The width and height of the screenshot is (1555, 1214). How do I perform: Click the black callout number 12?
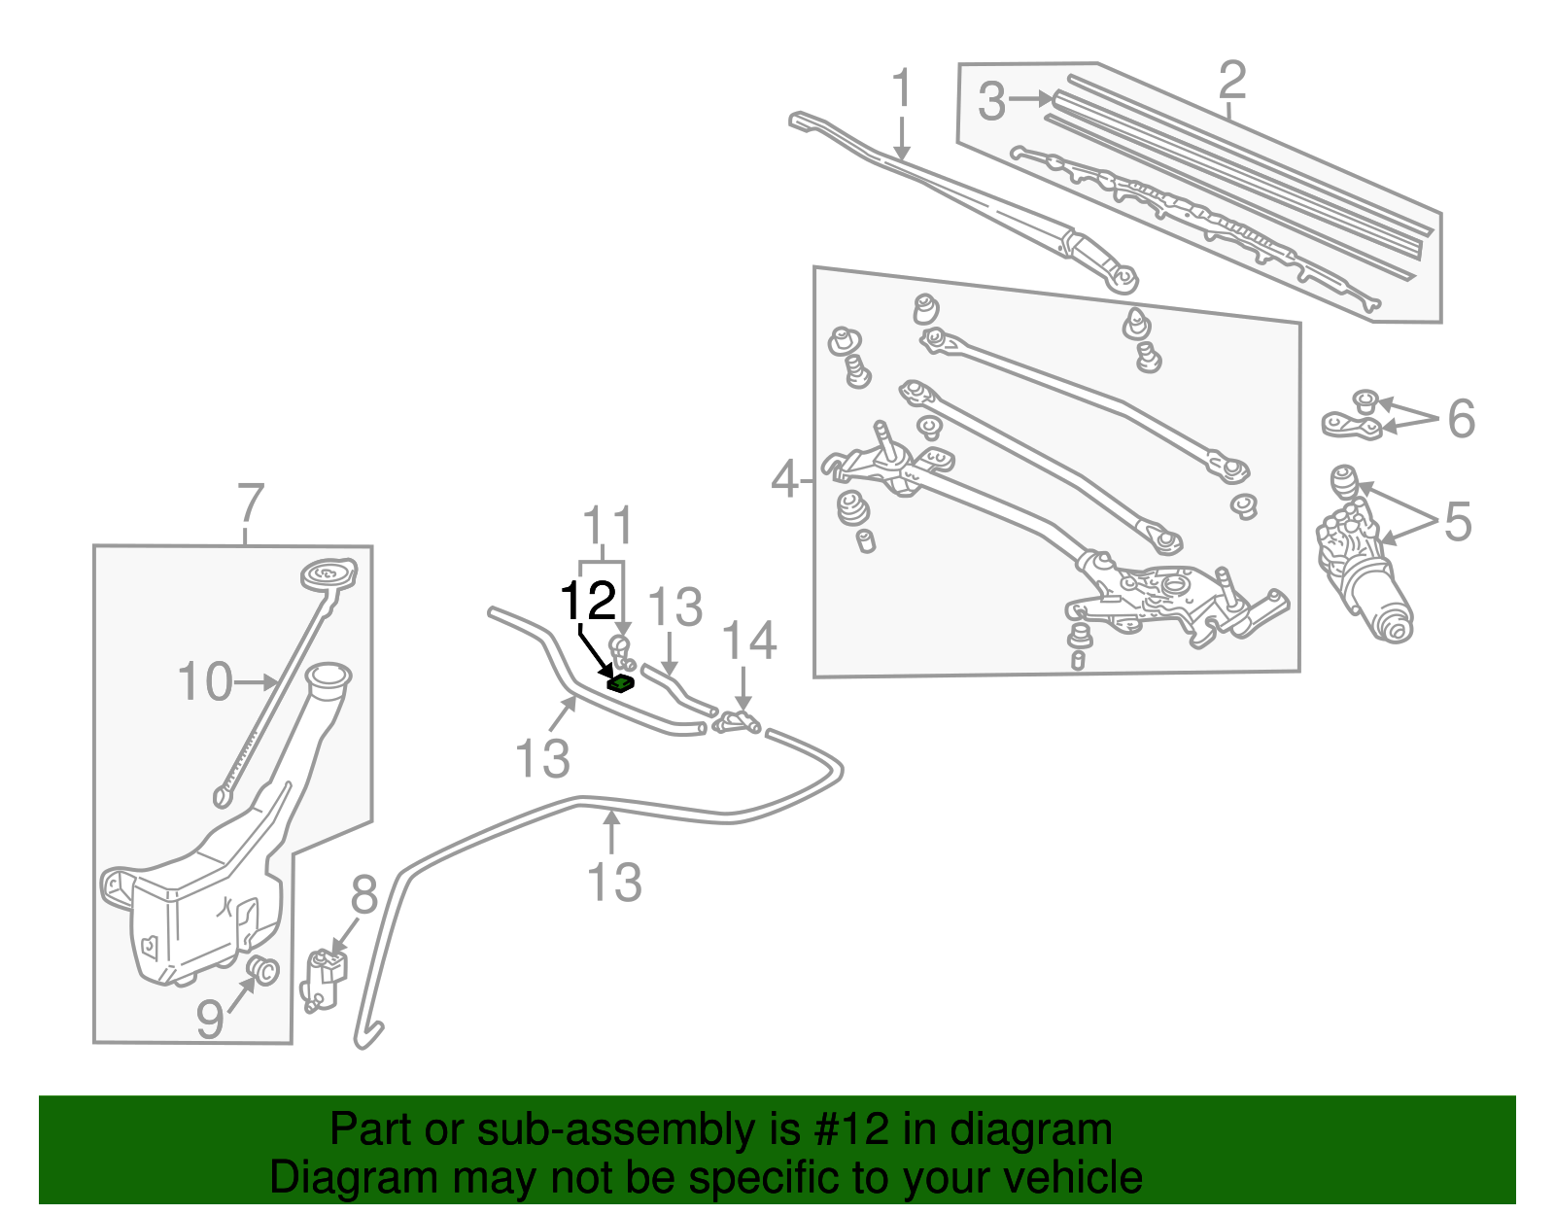click(x=589, y=602)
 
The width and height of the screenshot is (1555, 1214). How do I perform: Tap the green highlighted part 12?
click(x=620, y=683)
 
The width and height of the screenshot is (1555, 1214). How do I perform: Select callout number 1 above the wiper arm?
click(x=903, y=89)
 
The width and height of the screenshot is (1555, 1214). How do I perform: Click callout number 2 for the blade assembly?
click(x=1231, y=80)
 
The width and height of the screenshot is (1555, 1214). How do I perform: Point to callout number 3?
click(x=991, y=101)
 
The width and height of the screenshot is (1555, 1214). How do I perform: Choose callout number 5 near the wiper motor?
click(x=1458, y=522)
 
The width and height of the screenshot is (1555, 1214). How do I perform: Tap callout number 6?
click(x=1461, y=419)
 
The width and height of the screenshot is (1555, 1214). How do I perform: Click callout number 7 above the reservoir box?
click(x=250, y=504)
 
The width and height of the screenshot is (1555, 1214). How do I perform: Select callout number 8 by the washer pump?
click(x=363, y=895)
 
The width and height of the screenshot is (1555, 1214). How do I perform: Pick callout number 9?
click(x=210, y=1020)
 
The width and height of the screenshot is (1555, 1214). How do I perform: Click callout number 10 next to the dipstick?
click(x=205, y=682)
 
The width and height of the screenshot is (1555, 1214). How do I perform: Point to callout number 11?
click(x=607, y=527)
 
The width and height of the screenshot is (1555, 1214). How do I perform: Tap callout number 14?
click(x=749, y=642)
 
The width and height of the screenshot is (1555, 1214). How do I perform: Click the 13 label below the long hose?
click(x=614, y=883)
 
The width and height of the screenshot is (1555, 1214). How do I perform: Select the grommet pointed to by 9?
click(x=263, y=970)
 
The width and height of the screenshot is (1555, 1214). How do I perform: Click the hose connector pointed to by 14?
click(x=737, y=723)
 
